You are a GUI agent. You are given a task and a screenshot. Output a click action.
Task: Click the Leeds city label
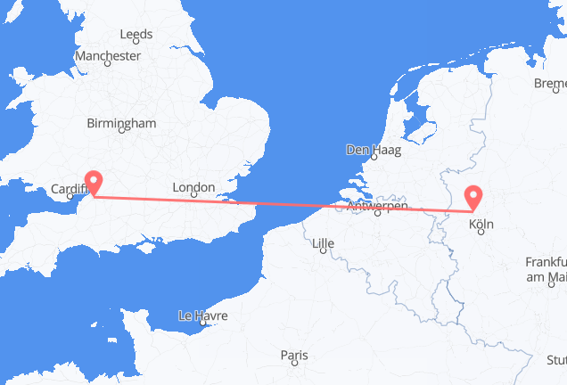point(136,35)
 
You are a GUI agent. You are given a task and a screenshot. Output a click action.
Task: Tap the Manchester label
point(108,55)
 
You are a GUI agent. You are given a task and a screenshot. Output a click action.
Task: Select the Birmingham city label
point(122,123)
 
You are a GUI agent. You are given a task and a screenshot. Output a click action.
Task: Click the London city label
point(193,188)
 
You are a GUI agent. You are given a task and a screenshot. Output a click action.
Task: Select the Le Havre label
point(203,315)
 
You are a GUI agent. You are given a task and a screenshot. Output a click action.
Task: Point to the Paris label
point(293,356)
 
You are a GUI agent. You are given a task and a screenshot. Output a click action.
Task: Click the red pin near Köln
point(473,197)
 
